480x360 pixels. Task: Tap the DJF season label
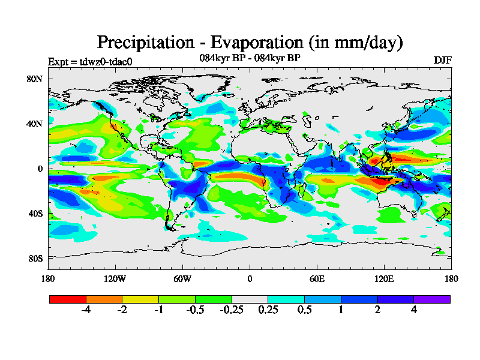pyautogui.click(x=442, y=61)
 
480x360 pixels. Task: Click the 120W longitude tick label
pyautogui.click(x=115, y=279)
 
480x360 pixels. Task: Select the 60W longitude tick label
pyautogui.click(x=182, y=279)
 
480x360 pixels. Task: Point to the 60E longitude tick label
pyautogui.click(x=317, y=279)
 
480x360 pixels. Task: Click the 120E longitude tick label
pyautogui.click(x=384, y=279)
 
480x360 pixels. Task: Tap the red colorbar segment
pyautogui.click(x=68, y=299)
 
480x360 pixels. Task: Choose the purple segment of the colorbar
pyautogui.click(x=432, y=299)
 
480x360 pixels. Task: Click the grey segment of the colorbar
pyautogui.click(x=250, y=299)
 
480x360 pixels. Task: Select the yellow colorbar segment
pyautogui.click(x=140, y=299)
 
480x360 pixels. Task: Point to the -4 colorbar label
pyautogui.click(x=86, y=310)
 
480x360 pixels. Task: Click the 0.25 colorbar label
pyautogui.click(x=268, y=310)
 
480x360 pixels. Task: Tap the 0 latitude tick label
pyautogui.click(x=40, y=169)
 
